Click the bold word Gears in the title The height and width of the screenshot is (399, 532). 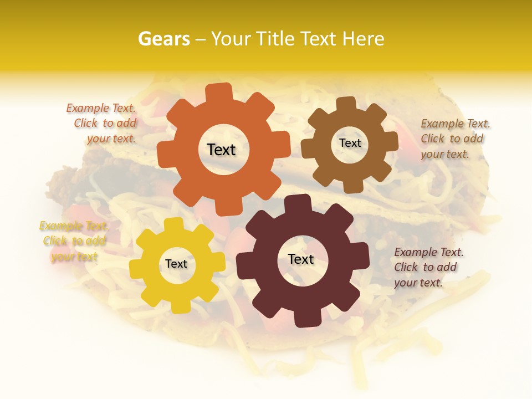(163, 39)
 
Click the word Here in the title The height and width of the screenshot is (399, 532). (364, 39)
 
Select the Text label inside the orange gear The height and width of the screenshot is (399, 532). (221, 150)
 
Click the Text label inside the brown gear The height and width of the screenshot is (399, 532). (350, 143)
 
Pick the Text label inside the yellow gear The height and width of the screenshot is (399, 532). (176, 264)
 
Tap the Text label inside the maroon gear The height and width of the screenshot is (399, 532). (300, 259)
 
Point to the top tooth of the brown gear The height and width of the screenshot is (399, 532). (346, 104)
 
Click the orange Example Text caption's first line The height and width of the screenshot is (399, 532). (101, 108)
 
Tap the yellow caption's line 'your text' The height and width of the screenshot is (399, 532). (74, 256)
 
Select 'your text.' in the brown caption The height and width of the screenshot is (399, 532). (444, 154)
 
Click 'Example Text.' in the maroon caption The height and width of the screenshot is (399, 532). (429, 252)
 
